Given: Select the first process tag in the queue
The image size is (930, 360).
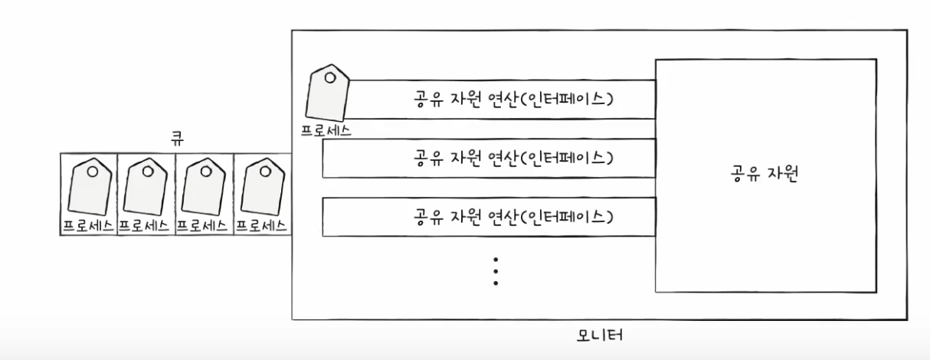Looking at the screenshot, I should point(89,188).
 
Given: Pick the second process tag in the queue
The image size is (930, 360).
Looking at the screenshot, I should point(146,188).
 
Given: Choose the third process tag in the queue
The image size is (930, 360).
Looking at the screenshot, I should point(204,188).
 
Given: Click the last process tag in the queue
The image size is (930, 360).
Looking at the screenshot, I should point(262,188).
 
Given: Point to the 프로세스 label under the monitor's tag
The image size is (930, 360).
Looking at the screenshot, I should point(326,129).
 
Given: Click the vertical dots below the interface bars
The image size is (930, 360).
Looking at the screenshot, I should point(496,271).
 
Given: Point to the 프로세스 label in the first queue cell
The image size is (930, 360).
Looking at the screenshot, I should point(89,226).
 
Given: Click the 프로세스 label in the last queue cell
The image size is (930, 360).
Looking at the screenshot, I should point(262,226).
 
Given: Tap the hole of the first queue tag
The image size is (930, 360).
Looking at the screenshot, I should point(92,172).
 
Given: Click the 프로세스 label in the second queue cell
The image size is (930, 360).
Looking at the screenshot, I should point(146,226).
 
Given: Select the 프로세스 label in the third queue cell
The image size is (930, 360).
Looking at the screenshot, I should point(204,226).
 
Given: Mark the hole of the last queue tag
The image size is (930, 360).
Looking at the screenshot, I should point(266,172).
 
